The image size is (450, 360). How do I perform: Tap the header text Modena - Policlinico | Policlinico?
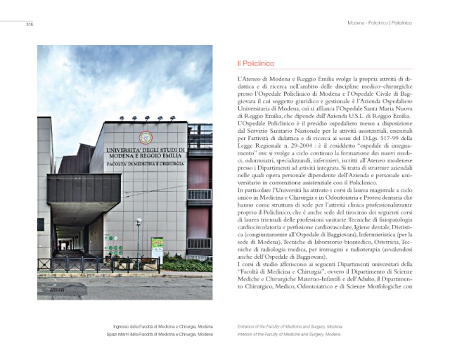coord(379,23)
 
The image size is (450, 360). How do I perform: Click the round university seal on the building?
coord(145,137)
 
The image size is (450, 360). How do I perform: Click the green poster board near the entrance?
coord(157,247)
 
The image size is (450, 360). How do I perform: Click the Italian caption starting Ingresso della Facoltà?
coord(166,326)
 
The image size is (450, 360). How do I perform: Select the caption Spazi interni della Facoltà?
coord(166,334)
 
